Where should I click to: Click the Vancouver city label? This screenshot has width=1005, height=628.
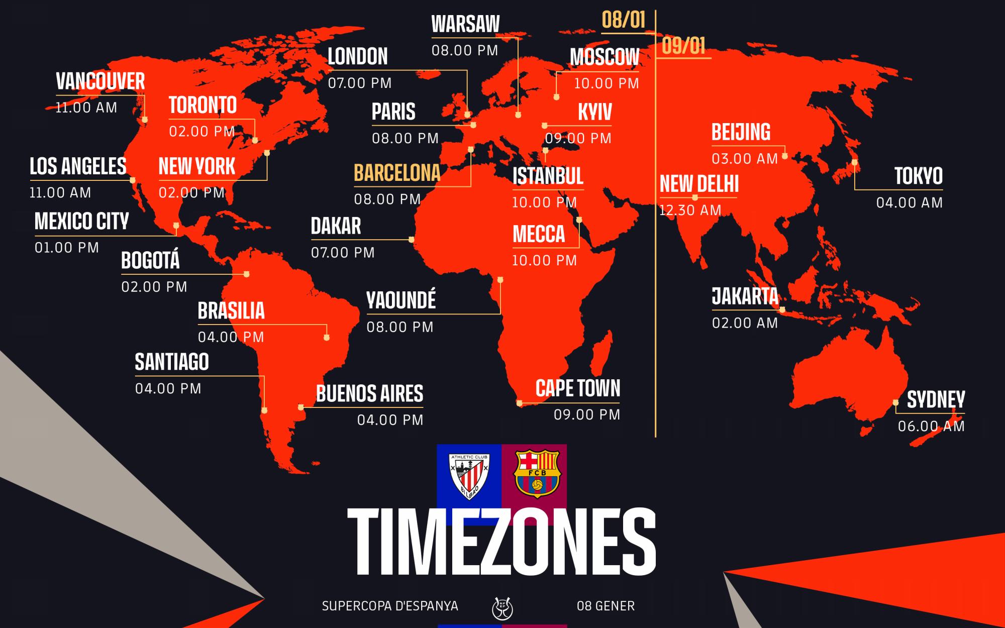[x=100, y=81]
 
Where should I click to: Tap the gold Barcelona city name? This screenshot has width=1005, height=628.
[x=397, y=173]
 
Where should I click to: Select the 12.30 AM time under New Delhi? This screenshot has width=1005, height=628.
[x=690, y=210]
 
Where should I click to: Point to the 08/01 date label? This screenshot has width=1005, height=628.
[x=623, y=20]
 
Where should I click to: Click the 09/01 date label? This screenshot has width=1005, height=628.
[x=683, y=46]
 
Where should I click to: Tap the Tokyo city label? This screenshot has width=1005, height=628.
[x=918, y=176]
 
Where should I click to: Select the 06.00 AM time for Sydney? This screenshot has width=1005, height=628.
[x=931, y=427]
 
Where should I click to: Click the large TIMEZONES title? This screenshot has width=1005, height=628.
[x=501, y=543]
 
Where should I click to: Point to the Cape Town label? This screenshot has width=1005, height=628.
[x=578, y=388]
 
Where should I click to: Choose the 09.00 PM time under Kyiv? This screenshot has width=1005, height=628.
[x=578, y=138]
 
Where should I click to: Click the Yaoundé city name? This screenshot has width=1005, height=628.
[x=401, y=300]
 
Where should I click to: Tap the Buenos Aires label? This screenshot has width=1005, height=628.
[x=369, y=394]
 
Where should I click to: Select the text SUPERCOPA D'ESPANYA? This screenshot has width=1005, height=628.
[x=390, y=606]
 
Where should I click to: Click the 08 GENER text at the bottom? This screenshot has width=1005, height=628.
[x=606, y=606]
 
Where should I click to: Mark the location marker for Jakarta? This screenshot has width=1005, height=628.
[x=782, y=310]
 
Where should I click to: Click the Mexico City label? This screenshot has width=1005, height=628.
[x=81, y=222]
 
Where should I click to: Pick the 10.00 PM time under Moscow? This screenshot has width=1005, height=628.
[x=607, y=83]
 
